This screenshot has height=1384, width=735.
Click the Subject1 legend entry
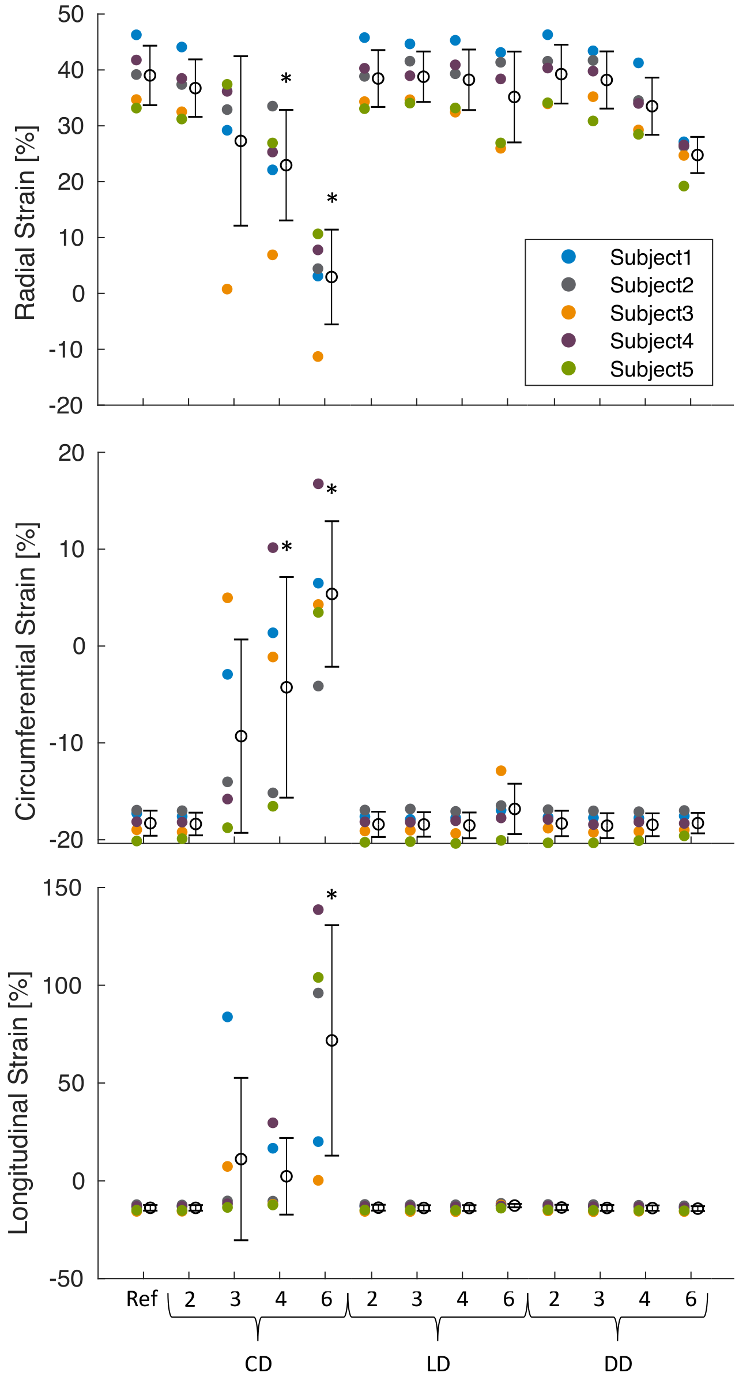650,257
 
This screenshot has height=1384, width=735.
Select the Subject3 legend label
651,313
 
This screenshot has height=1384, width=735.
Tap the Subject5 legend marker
568,368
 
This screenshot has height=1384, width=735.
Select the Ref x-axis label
142,1299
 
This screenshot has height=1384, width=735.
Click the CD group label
258,1364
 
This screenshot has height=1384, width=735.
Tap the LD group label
438,1364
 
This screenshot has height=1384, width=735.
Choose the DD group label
618,1364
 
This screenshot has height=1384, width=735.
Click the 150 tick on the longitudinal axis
62,888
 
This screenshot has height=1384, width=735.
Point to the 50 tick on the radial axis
70,14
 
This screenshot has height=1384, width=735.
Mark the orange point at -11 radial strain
318,356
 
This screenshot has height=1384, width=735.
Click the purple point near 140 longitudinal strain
318,909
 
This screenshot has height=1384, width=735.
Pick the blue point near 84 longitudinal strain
227,1017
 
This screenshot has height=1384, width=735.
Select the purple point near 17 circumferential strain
318,483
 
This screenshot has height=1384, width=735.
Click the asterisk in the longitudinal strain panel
331,896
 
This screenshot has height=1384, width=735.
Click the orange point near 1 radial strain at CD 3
227,289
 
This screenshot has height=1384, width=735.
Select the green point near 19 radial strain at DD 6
684,186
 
